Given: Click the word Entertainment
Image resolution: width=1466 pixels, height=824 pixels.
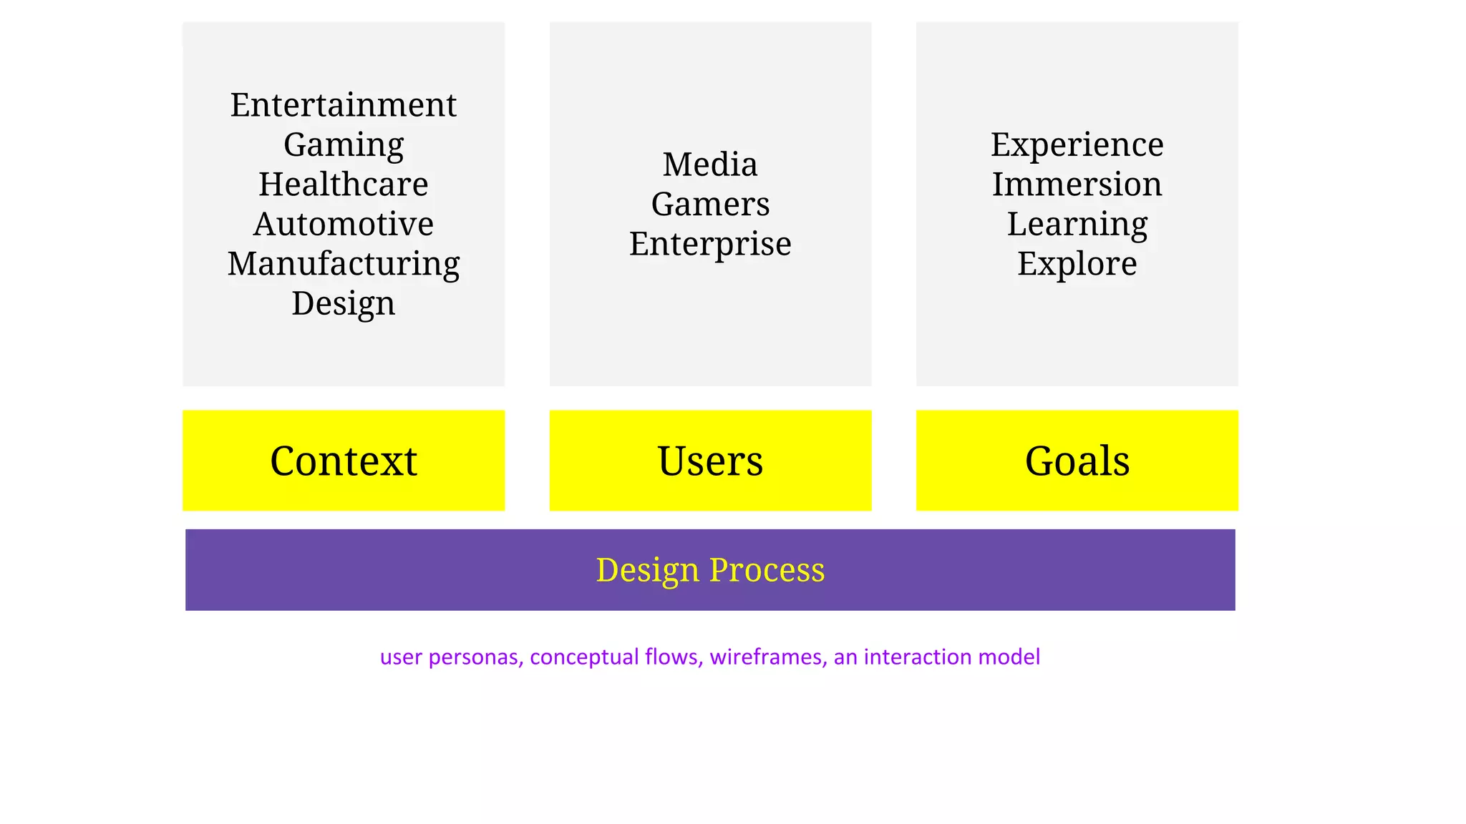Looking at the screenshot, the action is point(343,105).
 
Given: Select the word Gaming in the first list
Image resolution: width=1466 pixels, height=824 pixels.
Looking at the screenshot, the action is point(344,145).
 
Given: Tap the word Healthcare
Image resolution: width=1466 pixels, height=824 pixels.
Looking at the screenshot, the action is point(344,185).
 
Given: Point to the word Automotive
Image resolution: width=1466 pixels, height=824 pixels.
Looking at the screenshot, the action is point(344,224).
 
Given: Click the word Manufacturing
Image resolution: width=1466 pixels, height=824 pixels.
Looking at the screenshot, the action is point(344,264).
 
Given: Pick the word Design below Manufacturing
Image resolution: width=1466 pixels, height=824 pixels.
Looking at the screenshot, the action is point(344,303).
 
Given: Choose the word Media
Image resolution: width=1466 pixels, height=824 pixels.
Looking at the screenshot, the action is point(710,165).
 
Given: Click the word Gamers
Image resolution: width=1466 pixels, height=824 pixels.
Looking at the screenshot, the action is point(710,205).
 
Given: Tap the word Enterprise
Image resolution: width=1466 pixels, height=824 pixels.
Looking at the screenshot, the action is point(710,244).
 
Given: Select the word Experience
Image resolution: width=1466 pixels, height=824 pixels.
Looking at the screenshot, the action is point(1077,145).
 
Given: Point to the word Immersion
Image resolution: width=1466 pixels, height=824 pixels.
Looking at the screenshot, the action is point(1077,185).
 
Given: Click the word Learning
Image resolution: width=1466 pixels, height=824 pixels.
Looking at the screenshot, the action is point(1077,225).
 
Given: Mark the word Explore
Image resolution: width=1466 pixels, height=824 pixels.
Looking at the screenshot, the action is point(1077,264).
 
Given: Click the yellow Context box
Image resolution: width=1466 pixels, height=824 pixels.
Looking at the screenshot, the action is point(344,460).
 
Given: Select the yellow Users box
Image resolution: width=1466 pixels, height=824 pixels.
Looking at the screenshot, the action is point(710,460).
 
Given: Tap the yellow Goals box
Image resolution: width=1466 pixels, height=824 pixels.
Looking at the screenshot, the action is point(1077,460).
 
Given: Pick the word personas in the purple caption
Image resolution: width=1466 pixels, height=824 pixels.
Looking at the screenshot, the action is point(475,657).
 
